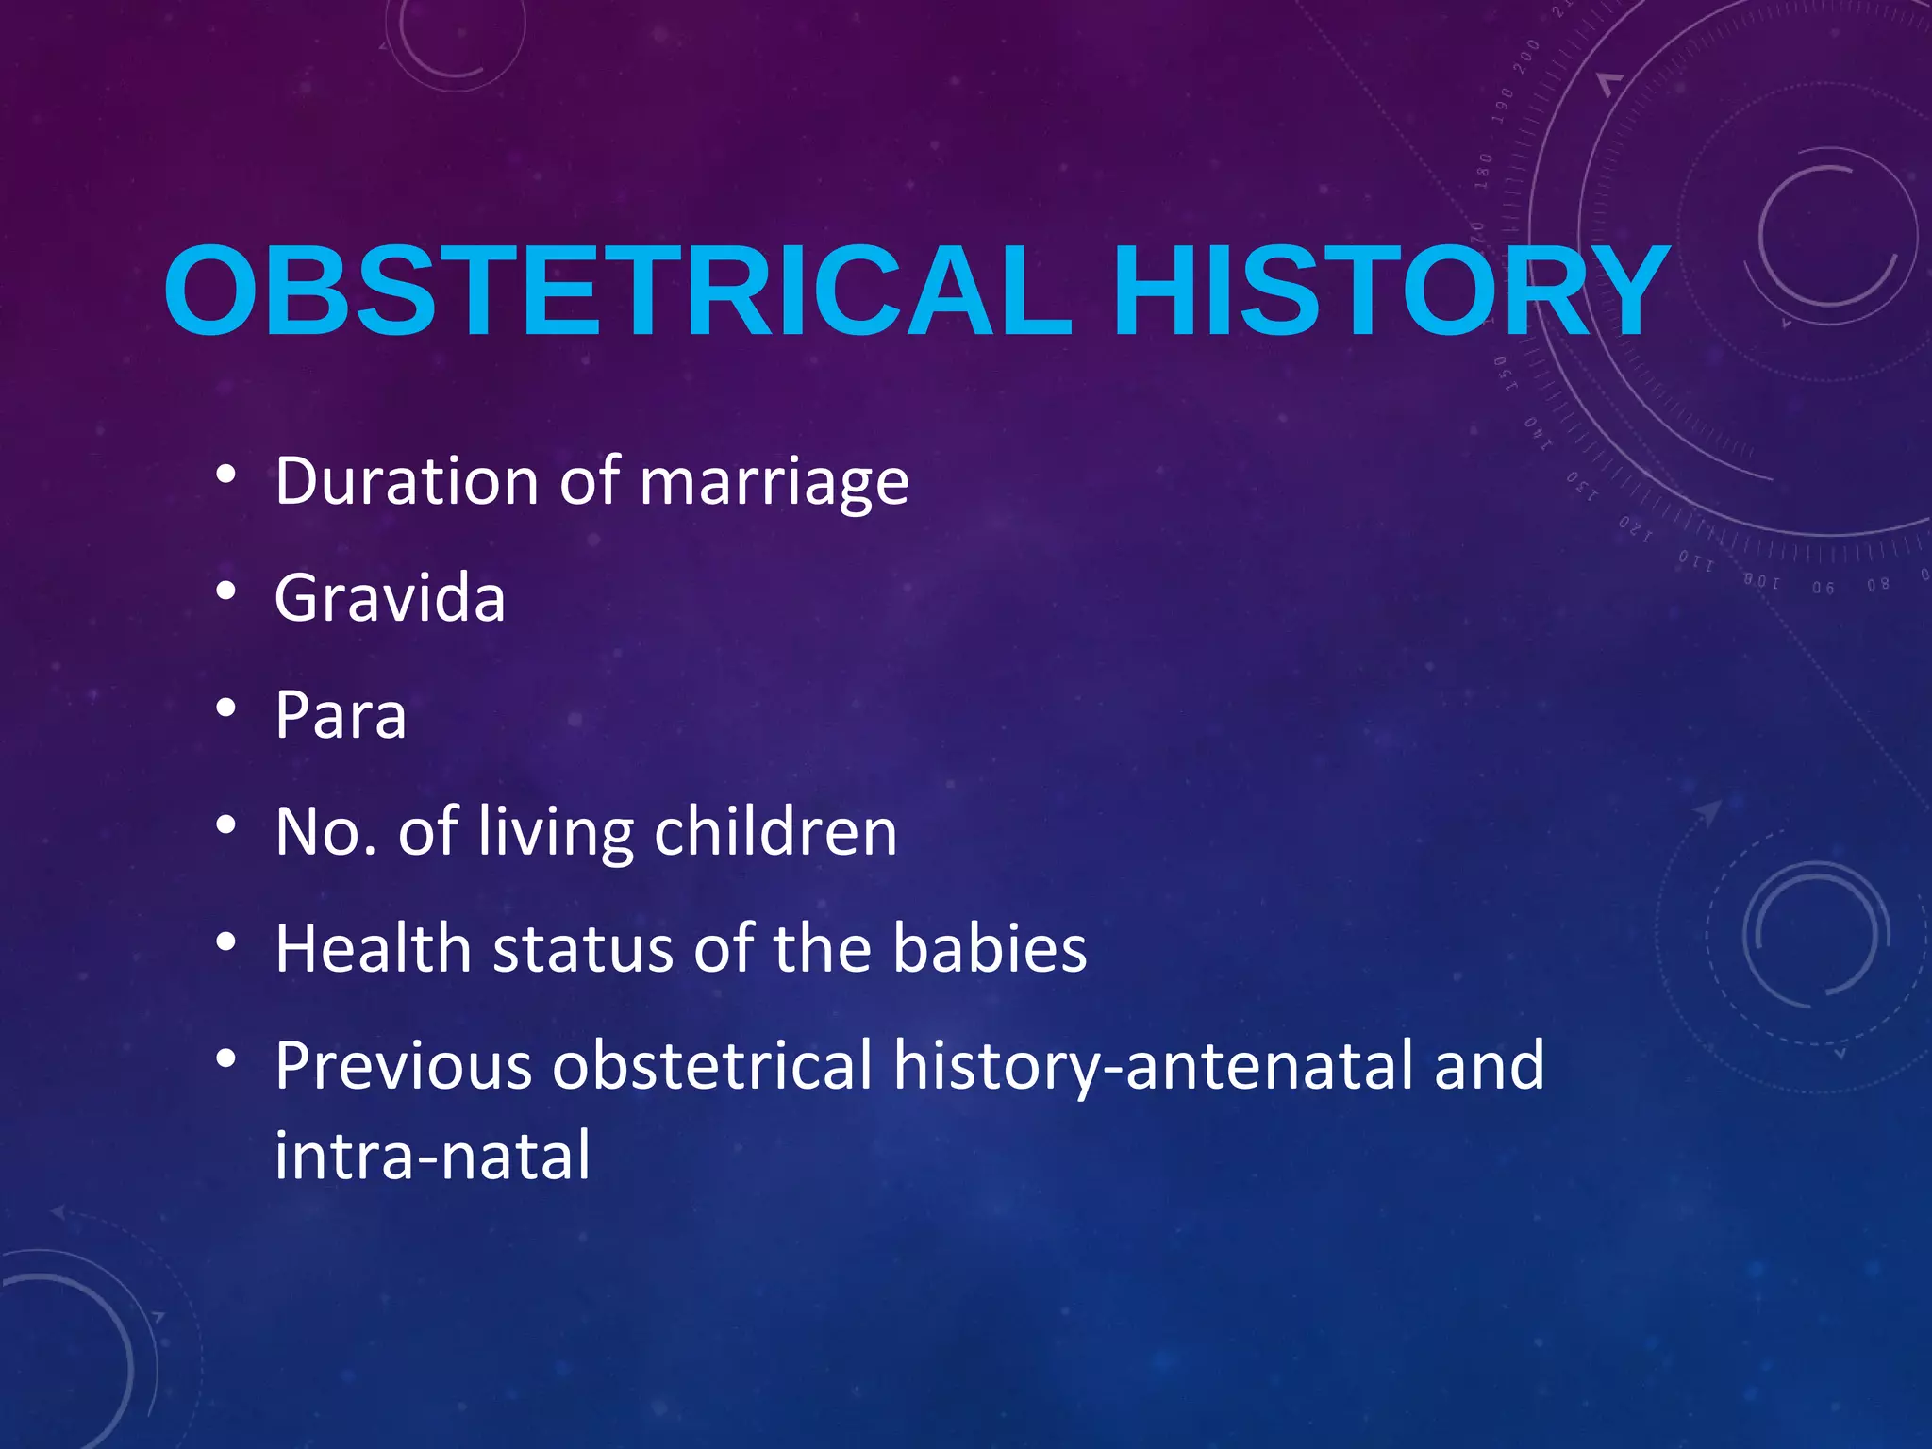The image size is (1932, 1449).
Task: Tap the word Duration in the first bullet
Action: point(407,481)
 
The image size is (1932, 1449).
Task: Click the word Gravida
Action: point(390,598)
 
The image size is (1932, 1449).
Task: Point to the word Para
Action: point(341,715)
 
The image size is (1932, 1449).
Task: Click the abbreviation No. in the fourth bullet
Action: point(326,832)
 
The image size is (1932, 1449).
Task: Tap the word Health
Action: point(373,948)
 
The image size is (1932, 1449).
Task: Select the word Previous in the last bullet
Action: point(403,1065)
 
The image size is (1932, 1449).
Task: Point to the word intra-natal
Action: point(432,1155)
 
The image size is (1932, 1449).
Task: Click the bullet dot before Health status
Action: point(225,941)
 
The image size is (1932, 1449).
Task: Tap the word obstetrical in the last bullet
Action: point(712,1065)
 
